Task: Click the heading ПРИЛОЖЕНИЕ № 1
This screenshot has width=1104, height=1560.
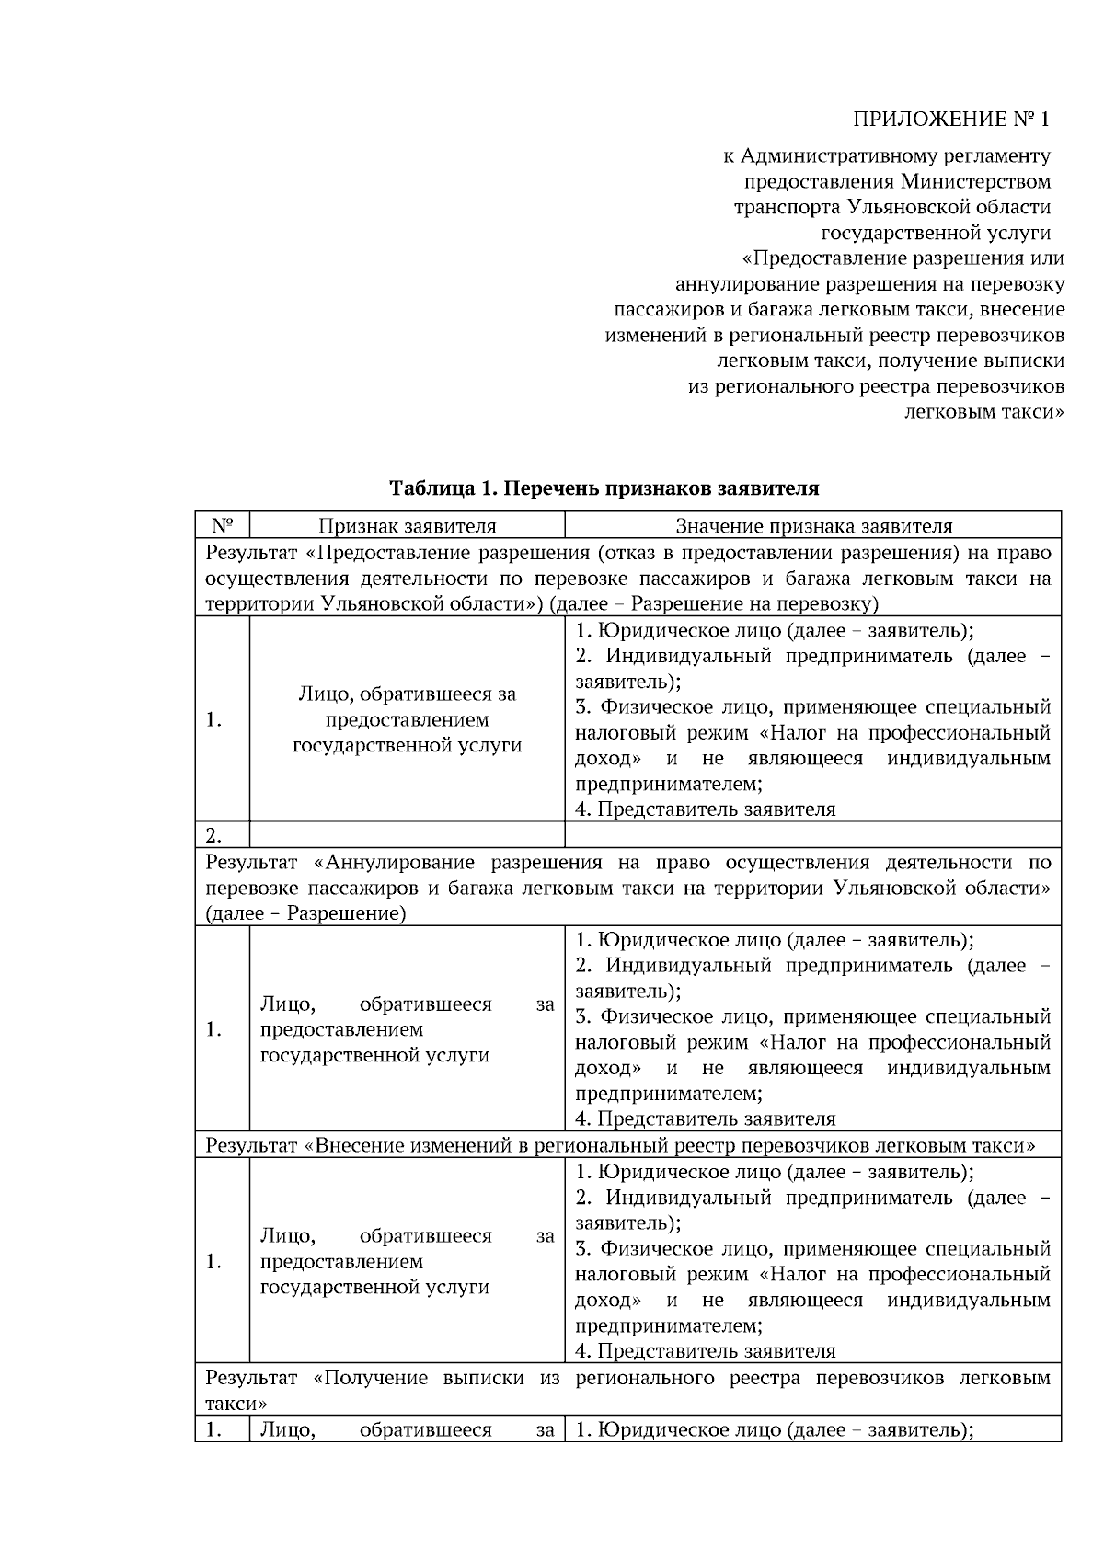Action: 951,120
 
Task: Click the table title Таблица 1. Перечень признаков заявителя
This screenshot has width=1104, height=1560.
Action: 604,488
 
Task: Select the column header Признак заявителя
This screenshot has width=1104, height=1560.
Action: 407,526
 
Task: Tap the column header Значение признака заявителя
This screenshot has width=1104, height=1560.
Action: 813,526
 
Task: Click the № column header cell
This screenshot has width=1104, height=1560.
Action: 223,526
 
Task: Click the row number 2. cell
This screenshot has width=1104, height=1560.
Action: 214,835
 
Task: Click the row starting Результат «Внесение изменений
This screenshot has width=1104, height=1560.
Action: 620,1146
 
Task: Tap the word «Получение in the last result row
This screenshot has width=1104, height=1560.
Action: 372,1378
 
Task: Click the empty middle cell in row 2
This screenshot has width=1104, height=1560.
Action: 407,835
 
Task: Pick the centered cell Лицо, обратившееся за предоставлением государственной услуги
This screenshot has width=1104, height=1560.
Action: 407,719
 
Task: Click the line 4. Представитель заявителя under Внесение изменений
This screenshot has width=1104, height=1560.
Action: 706,1351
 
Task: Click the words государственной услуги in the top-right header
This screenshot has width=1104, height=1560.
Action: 936,234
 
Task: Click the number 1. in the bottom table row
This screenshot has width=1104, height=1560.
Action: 214,1430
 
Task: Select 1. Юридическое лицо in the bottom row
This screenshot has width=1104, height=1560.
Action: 681,1430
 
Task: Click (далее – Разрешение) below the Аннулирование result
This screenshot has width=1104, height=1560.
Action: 305,914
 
